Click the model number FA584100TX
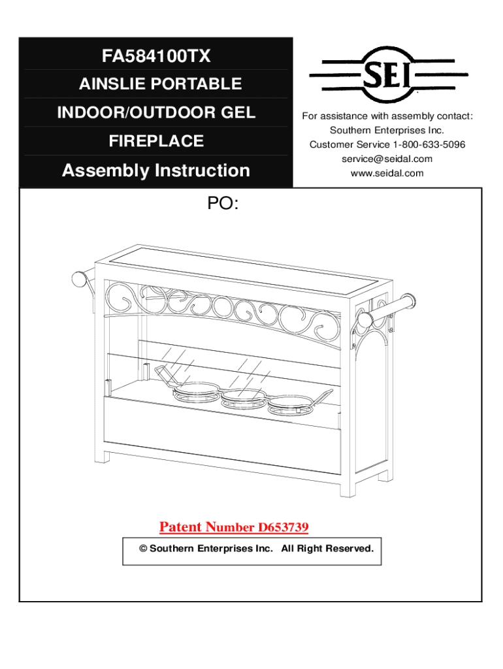tap(156, 56)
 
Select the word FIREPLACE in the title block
tap(156, 141)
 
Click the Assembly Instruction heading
tap(156, 171)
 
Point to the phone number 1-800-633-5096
tap(429, 144)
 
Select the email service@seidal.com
tap(387, 159)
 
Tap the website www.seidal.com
tap(387, 173)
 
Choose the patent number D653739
tap(283, 527)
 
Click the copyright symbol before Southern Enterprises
tap(142, 548)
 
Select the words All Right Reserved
tap(327, 548)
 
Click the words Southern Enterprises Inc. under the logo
tap(387, 131)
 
